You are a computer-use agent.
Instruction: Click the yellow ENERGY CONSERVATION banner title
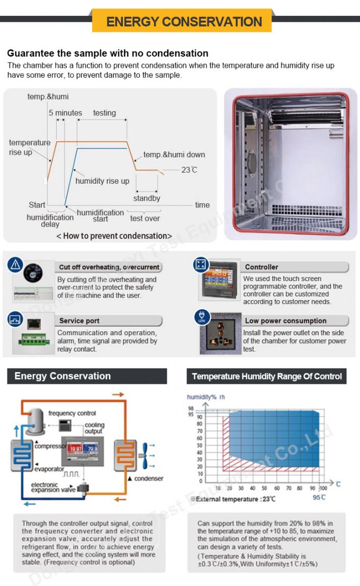pos(184,22)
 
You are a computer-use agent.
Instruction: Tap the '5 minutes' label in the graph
pos(65,113)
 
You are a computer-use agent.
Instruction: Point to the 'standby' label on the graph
pos(147,199)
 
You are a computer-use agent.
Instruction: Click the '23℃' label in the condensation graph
pos(189,170)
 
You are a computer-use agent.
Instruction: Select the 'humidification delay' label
pos(50,221)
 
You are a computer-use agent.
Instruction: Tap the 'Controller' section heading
pos(262,267)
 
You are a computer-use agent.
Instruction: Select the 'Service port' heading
pos(79,321)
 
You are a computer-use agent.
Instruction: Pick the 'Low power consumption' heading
pos(285,321)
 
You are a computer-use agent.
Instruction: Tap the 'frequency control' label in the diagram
pos(73,413)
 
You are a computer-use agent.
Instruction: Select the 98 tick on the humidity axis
pos(191,409)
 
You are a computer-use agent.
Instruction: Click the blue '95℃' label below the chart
pos(319,497)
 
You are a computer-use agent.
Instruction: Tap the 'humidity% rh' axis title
pos(206,396)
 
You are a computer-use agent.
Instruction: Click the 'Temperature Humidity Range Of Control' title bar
pos(266,376)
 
